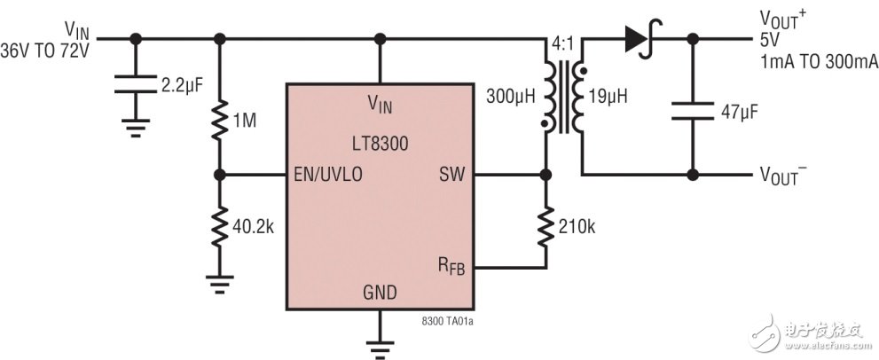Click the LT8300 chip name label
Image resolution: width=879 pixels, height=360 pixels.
coord(380,139)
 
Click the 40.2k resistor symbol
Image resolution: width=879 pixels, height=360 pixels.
coord(220,226)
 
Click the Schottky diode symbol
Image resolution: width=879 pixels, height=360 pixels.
coord(637,38)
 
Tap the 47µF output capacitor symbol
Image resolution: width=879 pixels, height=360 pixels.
coord(693,113)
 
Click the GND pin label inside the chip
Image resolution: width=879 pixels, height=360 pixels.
coord(380,293)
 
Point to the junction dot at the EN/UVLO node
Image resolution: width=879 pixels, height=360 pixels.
coord(220,175)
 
